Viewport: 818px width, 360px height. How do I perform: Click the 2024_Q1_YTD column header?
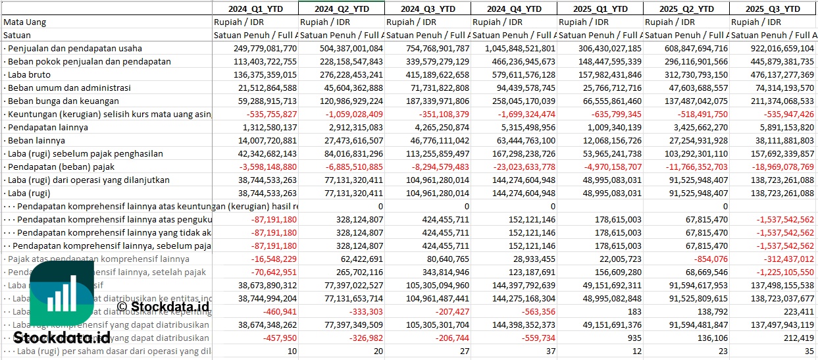[x=255, y=9]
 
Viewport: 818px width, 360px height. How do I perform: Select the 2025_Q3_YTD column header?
[x=773, y=9]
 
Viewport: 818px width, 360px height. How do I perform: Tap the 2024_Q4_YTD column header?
[x=514, y=9]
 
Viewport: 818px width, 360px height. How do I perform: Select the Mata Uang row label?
[x=25, y=22]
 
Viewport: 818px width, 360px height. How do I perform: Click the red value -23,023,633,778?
[x=521, y=167]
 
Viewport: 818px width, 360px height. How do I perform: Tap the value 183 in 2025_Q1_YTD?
[x=634, y=311]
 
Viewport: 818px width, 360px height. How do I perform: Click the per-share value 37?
[x=550, y=351]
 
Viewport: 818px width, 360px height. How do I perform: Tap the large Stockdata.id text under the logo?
[x=62, y=338]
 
